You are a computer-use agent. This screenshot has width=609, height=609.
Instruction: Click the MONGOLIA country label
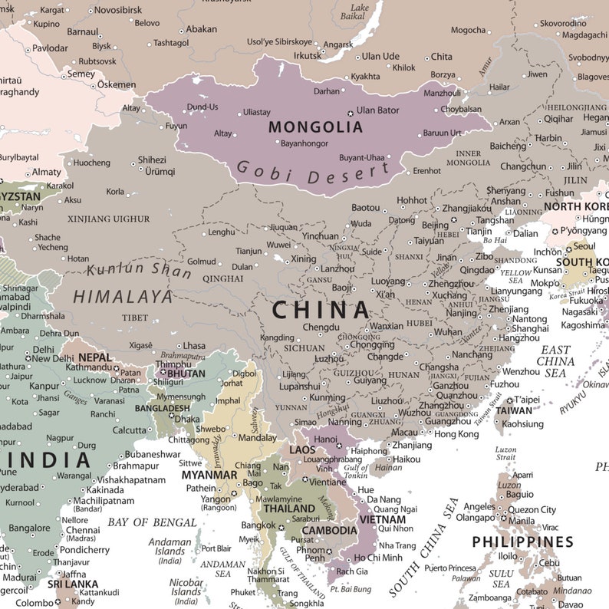[315, 127]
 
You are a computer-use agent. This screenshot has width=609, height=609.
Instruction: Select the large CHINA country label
[321, 310]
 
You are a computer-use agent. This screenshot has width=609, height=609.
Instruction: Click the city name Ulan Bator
[377, 110]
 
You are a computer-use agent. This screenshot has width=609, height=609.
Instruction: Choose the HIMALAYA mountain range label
[123, 296]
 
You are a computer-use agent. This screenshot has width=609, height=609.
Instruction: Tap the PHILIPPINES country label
[522, 542]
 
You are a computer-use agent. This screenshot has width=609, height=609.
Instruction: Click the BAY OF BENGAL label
[152, 522]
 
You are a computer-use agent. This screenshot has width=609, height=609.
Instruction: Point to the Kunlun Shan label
[139, 270]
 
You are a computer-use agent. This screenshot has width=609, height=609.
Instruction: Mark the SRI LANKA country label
[73, 584]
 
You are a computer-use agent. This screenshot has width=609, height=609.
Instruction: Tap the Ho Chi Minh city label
[378, 558]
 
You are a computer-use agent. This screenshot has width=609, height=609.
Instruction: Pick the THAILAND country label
[290, 508]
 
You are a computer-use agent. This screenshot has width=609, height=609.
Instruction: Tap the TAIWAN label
[513, 410]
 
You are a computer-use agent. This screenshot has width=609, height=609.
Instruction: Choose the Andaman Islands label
[170, 546]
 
